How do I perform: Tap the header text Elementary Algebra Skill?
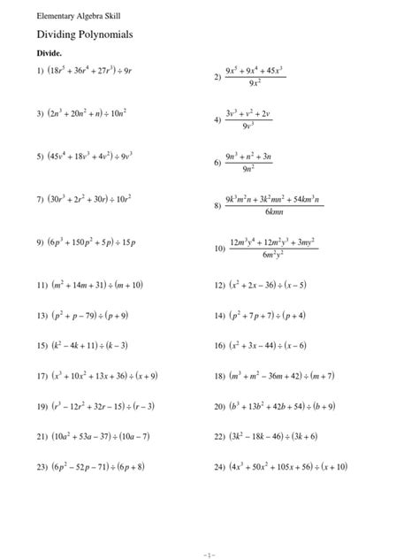coord(66,16)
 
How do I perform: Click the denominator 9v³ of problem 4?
coord(253,126)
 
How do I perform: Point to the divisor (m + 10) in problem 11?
coord(126,285)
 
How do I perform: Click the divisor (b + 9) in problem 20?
coord(331,406)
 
